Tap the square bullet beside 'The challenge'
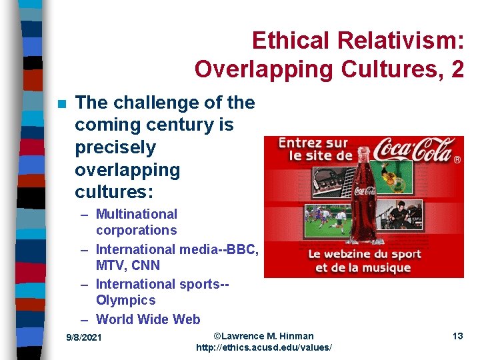[61, 104]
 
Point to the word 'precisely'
[115, 147]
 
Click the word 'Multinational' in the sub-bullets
[137, 214]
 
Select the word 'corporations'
[137, 231]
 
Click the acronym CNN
[145, 265]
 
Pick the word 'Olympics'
[125, 301]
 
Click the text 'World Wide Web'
[148, 319]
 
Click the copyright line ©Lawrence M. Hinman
[263, 335]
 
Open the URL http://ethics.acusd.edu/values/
[263, 348]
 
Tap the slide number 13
[457, 336]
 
